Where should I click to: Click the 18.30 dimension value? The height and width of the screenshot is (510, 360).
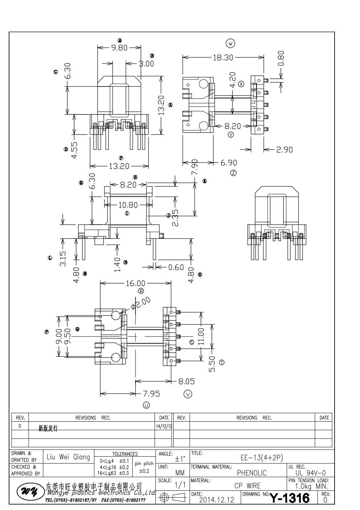click(x=223, y=57)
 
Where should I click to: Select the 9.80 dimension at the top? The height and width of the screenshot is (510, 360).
click(x=119, y=48)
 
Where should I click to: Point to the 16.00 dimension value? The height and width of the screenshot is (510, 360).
click(x=135, y=284)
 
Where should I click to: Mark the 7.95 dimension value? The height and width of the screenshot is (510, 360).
click(x=151, y=394)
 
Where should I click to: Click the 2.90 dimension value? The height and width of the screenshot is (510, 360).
click(x=284, y=149)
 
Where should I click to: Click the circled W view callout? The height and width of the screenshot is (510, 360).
click(x=230, y=44)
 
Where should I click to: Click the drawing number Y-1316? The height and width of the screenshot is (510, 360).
click(x=290, y=497)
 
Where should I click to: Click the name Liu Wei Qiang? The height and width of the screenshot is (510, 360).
click(x=69, y=457)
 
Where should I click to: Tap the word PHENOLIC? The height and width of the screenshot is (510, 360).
click(x=252, y=473)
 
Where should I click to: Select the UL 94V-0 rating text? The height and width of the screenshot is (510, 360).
click(x=308, y=473)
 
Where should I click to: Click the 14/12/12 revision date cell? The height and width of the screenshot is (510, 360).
click(x=164, y=426)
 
